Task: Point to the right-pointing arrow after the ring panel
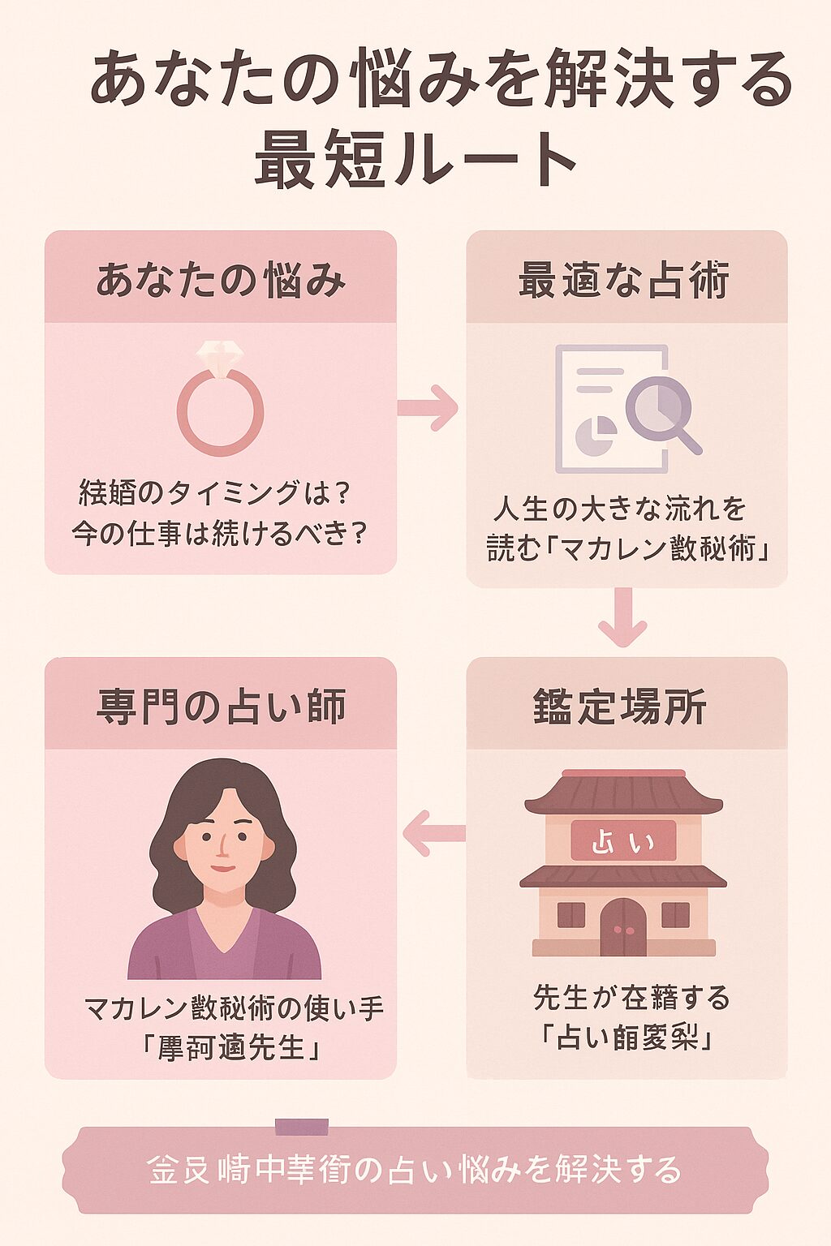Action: (428, 406)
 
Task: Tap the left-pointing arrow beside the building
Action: (434, 834)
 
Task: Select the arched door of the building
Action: (623, 927)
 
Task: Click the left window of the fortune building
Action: (571, 914)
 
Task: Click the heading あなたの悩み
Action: (221, 280)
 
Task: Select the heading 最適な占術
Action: (624, 280)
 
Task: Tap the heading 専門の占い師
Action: (221, 706)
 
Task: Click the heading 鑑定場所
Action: (621, 706)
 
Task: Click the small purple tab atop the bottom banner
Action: (302, 1127)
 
